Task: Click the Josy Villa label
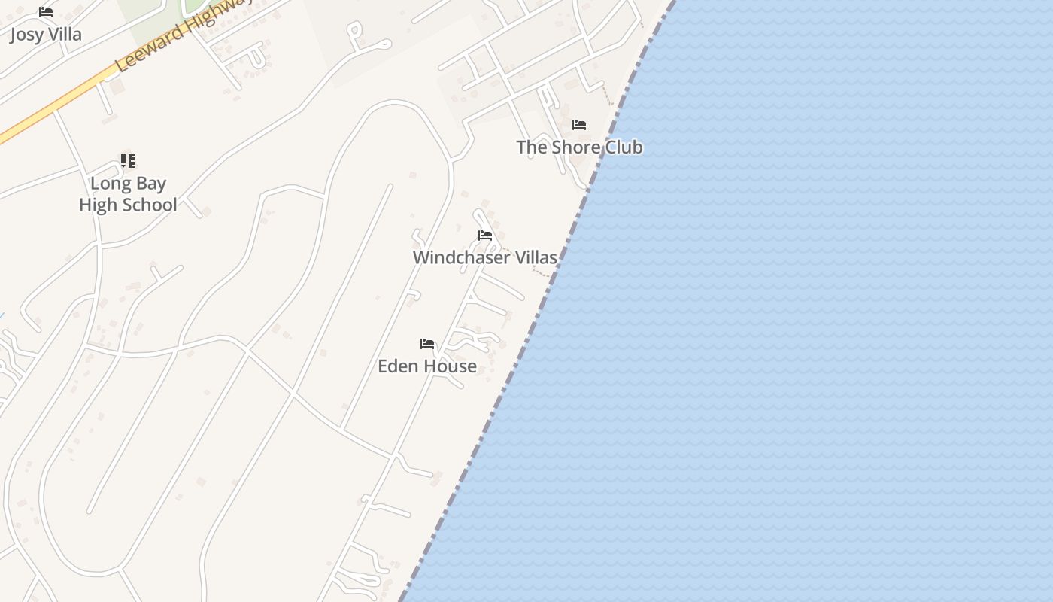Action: click(46, 35)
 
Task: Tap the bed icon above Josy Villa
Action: click(46, 12)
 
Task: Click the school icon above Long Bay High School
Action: click(128, 161)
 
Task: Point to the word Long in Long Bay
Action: click(106, 184)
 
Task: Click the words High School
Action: click(128, 205)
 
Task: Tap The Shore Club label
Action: click(579, 147)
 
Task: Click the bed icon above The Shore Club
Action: click(579, 125)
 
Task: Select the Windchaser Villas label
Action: click(485, 257)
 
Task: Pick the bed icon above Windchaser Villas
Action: click(485, 236)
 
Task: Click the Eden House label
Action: click(427, 366)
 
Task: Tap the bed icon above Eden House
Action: click(427, 345)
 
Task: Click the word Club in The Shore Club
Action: click(624, 147)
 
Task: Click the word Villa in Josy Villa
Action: click(63, 35)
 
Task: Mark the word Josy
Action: click(25, 35)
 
